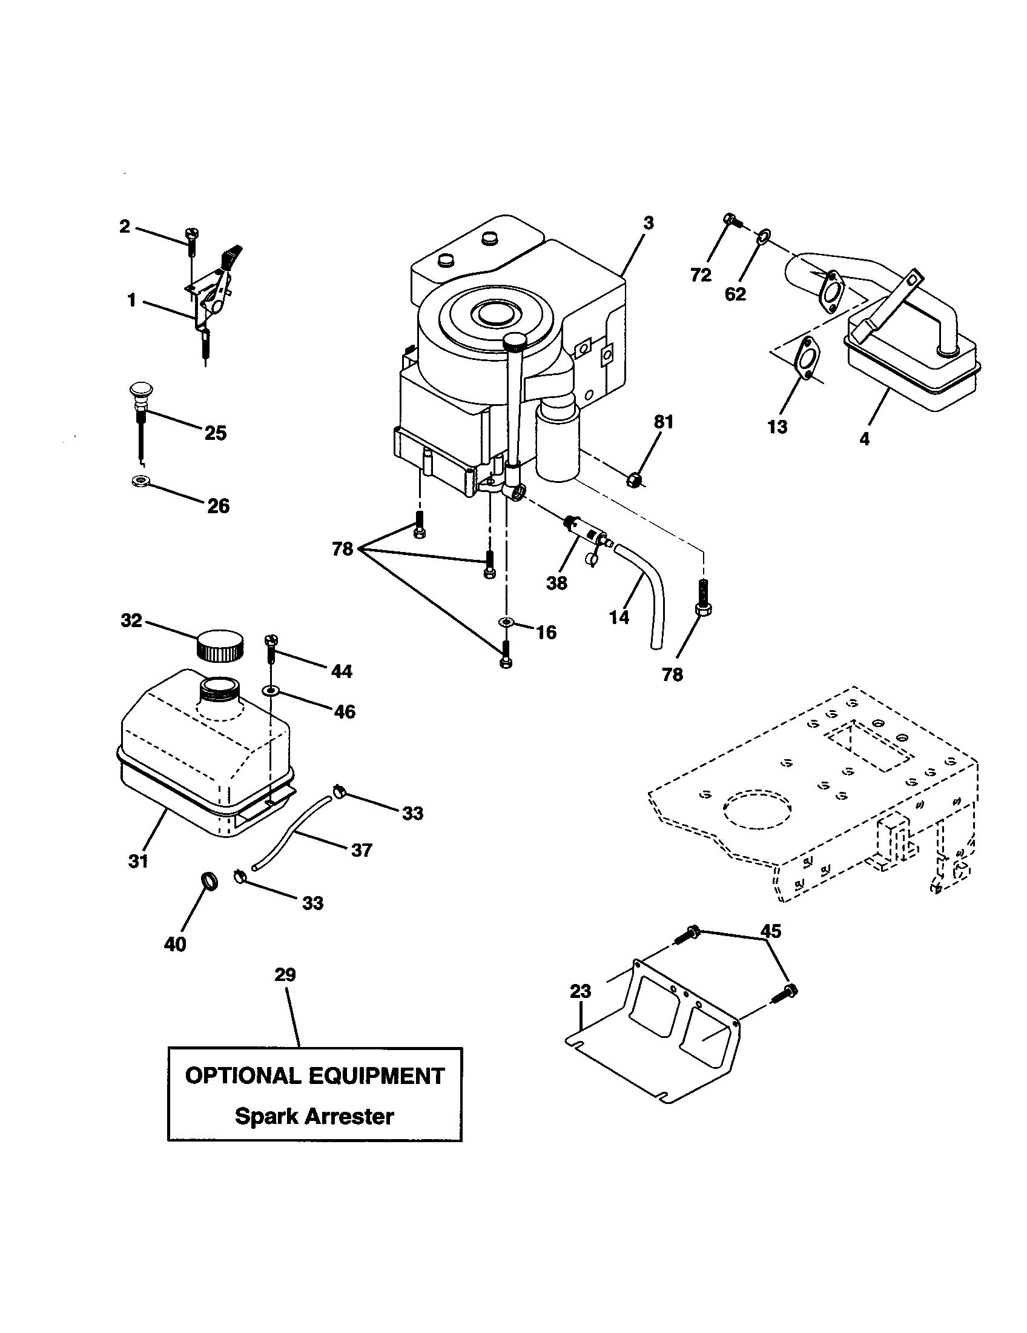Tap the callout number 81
click(x=663, y=422)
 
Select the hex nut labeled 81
click(x=633, y=480)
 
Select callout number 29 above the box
click(x=285, y=975)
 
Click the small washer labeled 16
click(x=506, y=622)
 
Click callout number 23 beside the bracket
click(x=580, y=991)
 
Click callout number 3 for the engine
click(x=649, y=224)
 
